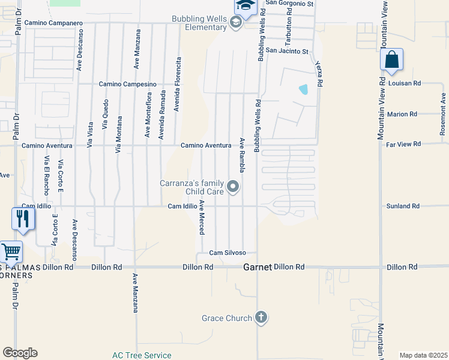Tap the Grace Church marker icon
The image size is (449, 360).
tap(261, 317)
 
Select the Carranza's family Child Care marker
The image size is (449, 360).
tap(234, 188)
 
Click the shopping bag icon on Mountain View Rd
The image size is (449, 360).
tap(391, 61)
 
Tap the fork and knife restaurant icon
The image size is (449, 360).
tap(23, 218)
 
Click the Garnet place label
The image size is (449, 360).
tap(258, 267)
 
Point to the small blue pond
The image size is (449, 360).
tap(303, 89)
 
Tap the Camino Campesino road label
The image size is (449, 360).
tap(128, 84)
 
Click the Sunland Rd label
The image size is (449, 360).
tap(403, 206)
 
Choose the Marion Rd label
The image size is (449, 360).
tap(402, 114)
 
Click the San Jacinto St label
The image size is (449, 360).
tap(287, 52)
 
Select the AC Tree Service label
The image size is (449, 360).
tap(142, 355)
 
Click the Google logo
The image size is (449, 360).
tap(20, 352)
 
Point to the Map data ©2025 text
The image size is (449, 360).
tap(423, 355)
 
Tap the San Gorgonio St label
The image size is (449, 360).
tap(290, 4)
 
